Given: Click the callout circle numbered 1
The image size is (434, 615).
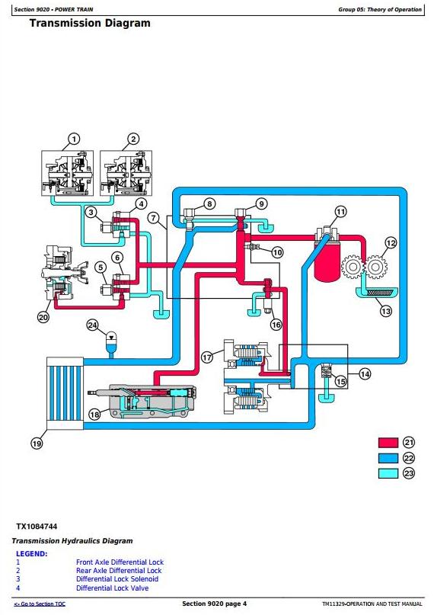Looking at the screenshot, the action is [x=74, y=139].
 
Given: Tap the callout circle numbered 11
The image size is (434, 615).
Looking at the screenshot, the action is [x=341, y=212].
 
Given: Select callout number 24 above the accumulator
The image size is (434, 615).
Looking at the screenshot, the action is [x=92, y=325].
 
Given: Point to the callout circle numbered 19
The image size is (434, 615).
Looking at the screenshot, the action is [x=37, y=444].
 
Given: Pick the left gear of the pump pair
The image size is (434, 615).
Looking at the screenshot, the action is [x=353, y=267].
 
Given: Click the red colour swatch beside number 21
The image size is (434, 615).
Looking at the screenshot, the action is [x=388, y=443].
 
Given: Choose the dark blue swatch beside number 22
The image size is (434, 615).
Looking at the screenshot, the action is [x=388, y=458].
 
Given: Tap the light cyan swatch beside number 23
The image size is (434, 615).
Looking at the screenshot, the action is [x=388, y=473].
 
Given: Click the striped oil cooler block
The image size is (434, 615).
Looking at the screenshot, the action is [x=65, y=393].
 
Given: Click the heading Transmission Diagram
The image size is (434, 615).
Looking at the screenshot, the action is [x=90, y=23].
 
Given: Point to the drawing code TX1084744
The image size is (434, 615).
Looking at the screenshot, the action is [x=37, y=527].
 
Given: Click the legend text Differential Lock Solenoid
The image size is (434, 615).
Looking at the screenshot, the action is [x=117, y=579].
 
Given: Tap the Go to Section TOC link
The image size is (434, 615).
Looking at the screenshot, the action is [x=40, y=604].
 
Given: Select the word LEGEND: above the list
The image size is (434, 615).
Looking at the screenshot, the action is [x=32, y=554].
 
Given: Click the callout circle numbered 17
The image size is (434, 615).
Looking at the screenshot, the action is [x=207, y=357].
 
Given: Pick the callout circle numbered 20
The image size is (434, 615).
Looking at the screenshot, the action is [x=43, y=317].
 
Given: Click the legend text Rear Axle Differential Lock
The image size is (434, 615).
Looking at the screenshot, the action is [x=119, y=571].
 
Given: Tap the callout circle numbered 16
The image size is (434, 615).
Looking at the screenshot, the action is [x=276, y=325].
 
